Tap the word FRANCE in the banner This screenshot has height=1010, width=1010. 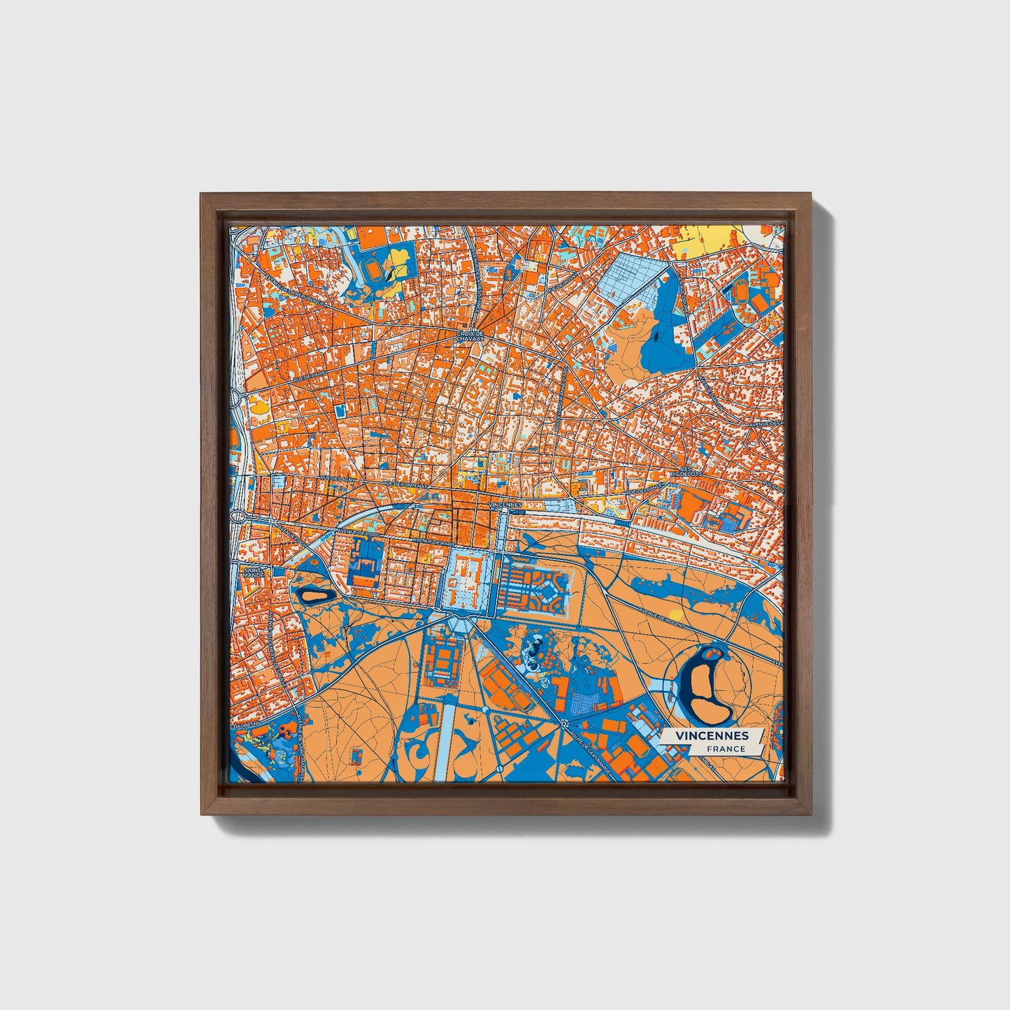coord(726,749)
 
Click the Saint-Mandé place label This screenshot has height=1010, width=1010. coord(252,572)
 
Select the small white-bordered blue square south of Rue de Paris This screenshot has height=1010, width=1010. coord(340,411)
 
